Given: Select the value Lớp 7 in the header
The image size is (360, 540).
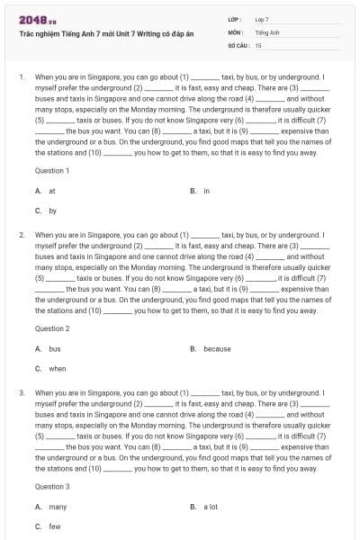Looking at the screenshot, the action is (262, 19).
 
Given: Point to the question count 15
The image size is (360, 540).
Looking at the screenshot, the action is (258, 44).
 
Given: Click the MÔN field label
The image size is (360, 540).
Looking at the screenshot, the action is (237, 31).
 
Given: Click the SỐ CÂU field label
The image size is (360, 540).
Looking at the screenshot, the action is (238, 44).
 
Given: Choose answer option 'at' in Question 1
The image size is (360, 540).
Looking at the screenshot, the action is (52, 191).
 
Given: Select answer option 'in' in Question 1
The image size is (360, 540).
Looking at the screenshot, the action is (206, 191).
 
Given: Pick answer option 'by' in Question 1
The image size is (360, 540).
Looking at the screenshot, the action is (52, 211).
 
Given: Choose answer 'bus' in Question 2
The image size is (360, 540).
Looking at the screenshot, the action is (54, 348).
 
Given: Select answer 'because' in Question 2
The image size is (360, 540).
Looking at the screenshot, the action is (216, 348).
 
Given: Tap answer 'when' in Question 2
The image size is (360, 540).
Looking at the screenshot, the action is (57, 368).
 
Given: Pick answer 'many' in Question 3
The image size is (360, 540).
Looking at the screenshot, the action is (57, 507).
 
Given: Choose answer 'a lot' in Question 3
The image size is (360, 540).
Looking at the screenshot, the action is (211, 507).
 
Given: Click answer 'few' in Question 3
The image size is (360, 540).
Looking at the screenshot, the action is (54, 526).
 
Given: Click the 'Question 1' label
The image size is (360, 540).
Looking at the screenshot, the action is (52, 170).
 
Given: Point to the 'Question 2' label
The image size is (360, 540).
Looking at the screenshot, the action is (52, 328).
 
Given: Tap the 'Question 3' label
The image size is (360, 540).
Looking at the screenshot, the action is (52, 486).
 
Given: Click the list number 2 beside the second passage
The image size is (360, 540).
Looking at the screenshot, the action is (21, 235).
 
